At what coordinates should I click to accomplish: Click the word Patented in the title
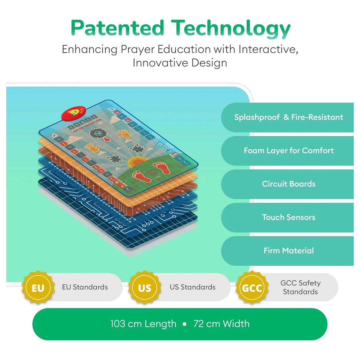point(117,28)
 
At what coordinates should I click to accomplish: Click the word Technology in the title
point(231,29)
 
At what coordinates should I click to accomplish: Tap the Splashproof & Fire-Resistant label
point(289,117)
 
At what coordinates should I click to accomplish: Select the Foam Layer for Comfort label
point(289,151)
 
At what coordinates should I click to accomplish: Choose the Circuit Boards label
point(289,184)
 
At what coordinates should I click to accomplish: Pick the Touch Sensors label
point(289,217)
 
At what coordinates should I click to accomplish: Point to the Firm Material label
point(289,250)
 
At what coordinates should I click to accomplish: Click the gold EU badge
point(38,287)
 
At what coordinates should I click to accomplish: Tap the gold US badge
point(145,287)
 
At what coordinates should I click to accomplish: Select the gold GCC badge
point(252,287)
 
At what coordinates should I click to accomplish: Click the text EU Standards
point(85,287)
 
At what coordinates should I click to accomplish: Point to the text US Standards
point(193,287)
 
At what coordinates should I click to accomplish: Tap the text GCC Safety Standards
point(300,287)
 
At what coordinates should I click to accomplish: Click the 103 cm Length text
point(143,324)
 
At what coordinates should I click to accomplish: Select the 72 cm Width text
point(221,324)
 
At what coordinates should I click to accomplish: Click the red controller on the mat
point(73,113)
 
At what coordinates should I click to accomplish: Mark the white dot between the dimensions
point(185,324)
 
